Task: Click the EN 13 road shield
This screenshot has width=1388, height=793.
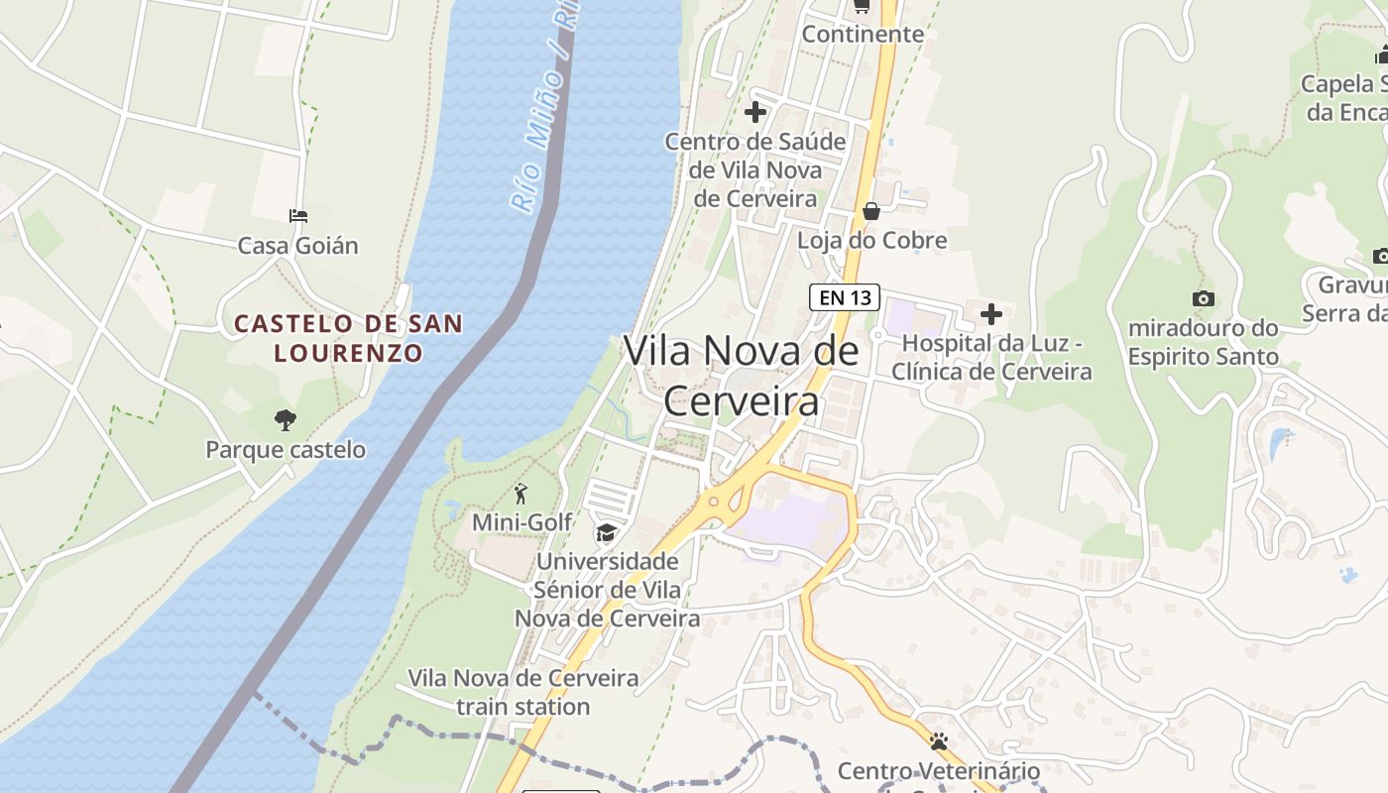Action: (x=845, y=296)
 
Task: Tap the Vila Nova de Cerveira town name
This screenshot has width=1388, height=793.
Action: (x=741, y=376)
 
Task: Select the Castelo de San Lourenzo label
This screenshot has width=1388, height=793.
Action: (x=348, y=337)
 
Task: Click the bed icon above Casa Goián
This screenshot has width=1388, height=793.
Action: (x=297, y=215)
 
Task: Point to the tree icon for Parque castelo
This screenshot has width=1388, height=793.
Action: (x=286, y=419)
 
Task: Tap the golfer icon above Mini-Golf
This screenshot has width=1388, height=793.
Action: (x=521, y=493)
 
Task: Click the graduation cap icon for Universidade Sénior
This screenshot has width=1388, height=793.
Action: (x=606, y=533)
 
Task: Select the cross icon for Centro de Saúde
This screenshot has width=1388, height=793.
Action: (x=755, y=111)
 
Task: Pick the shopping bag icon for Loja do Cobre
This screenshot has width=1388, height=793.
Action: (x=871, y=211)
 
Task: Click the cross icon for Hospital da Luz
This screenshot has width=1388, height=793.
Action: (x=990, y=314)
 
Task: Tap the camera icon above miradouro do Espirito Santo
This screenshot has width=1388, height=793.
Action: (x=1203, y=298)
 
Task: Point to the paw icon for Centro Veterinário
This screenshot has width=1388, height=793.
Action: (x=939, y=741)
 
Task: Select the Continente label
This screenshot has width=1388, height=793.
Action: (x=863, y=34)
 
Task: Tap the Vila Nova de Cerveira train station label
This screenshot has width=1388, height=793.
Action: (x=523, y=692)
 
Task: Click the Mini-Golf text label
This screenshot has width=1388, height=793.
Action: (x=521, y=521)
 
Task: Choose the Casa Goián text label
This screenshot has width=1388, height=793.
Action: (x=297, y=245)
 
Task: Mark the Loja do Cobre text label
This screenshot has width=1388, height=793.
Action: (x=872, y=240)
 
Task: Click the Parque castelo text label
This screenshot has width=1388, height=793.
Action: (x=286, y=449)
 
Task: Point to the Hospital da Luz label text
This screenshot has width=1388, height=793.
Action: (x=991, y=357)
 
